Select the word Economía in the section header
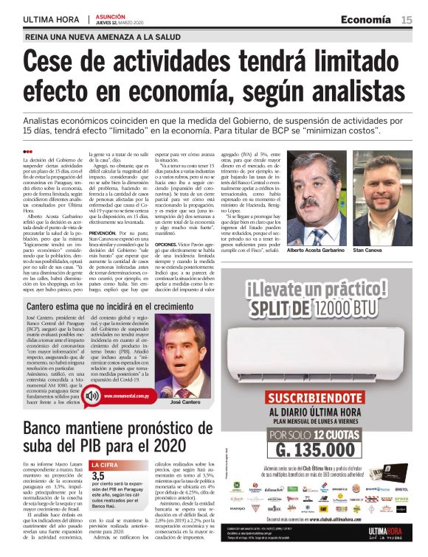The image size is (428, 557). pyautogui.click(x=369, y=20)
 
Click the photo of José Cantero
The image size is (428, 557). pyautogui.click(x=184, y=363)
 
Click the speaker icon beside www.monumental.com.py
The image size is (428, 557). pyautogui.click(x=92, y=396)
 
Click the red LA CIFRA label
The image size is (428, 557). pyautogui.click(x=105, y=465)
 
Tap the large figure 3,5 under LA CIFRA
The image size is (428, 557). pyautogui.click(x=98, y=477)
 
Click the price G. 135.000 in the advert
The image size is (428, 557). pyautogui.click(x=320, y=449)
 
